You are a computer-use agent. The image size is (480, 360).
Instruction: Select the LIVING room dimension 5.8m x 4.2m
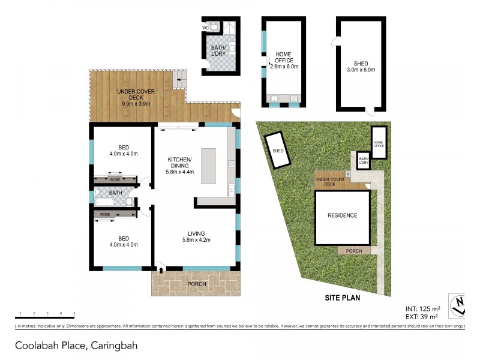[196, 241]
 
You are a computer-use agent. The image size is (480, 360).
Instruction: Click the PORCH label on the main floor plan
[197, 284]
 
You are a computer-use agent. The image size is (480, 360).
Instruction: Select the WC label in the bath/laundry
[205, 28]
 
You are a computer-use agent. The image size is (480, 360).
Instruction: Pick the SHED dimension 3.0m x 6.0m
[361, 70]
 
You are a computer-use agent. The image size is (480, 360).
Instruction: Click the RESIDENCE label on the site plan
[342, 215]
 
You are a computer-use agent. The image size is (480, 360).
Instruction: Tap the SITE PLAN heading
[342, 297]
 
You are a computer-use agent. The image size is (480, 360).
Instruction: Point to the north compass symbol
[458, 305]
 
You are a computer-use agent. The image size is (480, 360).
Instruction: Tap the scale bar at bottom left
[44, 316]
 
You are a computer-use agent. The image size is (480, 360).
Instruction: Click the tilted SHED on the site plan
[278, 151]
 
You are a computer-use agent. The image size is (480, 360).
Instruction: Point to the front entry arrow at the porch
[160, 271]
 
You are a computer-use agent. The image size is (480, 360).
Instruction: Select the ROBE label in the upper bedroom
[114, 179]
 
